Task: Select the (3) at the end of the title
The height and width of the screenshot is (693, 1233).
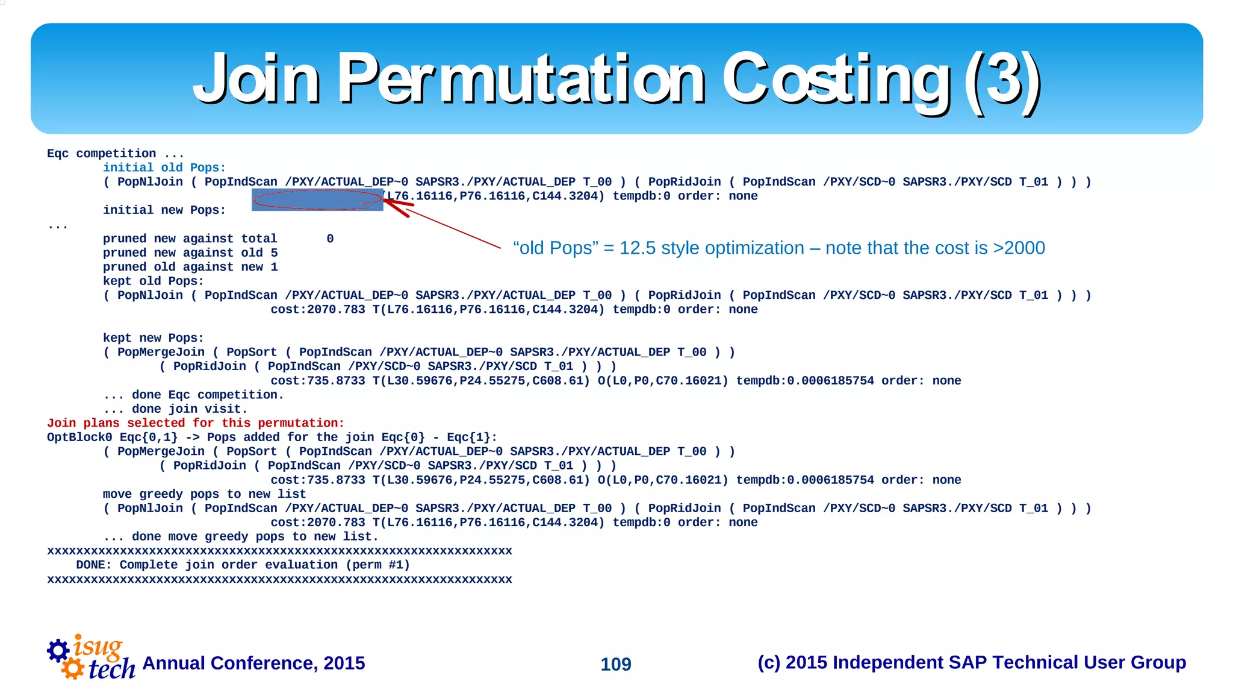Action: tap(1002, 78)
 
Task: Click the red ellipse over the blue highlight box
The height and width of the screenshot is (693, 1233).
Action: tap(317, 199)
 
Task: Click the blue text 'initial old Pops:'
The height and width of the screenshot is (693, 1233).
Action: tap(164, 168)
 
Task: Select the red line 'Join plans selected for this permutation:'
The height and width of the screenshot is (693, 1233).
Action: tap(196, 423)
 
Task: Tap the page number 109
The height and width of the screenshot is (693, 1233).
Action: tap(615, 664)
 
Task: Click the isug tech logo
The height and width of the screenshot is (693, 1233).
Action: tap(92, 658)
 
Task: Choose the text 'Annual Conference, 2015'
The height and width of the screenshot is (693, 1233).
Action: tap(253, 663)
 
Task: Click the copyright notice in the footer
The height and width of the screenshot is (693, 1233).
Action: tap(971, 662)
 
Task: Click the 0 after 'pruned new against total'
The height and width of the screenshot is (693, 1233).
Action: tap(330, 239)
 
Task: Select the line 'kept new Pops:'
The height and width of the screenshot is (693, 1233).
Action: tap(153, 338)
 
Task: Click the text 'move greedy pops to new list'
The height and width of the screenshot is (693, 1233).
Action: tap(204, 494)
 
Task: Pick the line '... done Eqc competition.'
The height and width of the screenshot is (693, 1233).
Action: tap(193, 395)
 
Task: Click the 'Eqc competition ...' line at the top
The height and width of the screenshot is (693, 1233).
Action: tap(115, 154)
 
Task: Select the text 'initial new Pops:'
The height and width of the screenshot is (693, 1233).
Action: tap(164, 210)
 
